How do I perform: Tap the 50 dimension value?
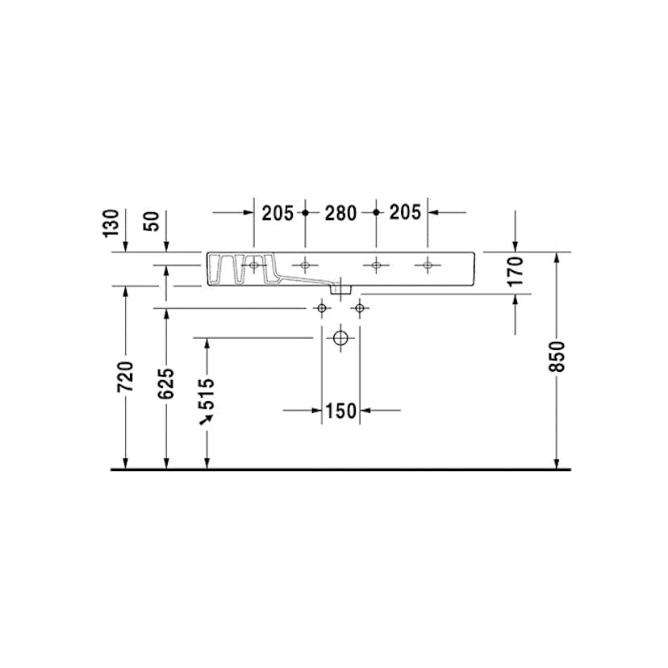click(152, 222)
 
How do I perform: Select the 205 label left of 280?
click(278, 213)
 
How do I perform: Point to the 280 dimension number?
click(340, 213)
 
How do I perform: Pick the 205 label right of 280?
click(405, 213)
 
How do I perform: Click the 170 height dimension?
click(517, 271)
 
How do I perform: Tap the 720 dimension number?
click(125, 377)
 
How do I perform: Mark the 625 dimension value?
click(165, 383)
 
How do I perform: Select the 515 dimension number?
click(207, 393)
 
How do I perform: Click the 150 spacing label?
click(341, 411)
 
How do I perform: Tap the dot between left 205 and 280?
click(305, 213)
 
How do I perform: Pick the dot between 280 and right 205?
click(376, 213)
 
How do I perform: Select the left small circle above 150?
click(323, 308)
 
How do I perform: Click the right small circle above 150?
click(360, 308)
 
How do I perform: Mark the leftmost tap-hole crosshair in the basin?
click(254, 265)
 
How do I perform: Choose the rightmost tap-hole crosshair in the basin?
click(428, 265)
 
